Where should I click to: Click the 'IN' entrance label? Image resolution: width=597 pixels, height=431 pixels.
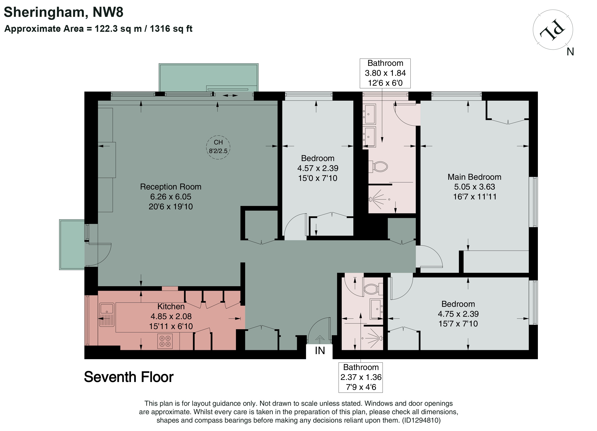(x=320, y=351)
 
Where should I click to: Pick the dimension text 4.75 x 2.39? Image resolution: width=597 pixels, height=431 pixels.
(x=458, y=314)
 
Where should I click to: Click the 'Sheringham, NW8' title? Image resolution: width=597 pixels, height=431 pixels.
(x=63, y=12)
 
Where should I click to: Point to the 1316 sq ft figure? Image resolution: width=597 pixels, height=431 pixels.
(x=171, y=28)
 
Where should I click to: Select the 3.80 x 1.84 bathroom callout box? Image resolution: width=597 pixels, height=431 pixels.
(x=385, y=73)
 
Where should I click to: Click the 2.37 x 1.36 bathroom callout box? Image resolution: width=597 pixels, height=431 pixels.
(x=361, y=377)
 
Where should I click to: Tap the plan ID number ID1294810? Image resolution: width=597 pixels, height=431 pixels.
(x=421, y=420)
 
